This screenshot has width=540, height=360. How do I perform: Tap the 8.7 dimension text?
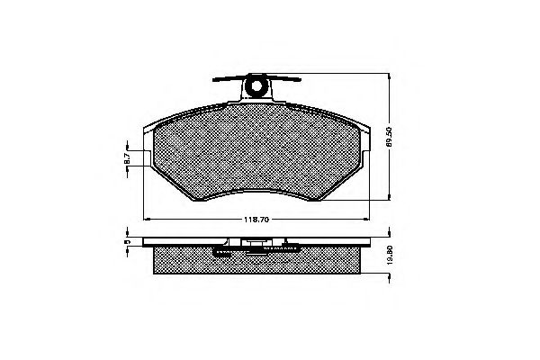tap(127, 158)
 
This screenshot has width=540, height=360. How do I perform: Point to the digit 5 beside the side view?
tap(127, 242)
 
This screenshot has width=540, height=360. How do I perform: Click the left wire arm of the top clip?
tap(228, 79)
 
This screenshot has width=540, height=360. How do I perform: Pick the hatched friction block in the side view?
tap(258, 260)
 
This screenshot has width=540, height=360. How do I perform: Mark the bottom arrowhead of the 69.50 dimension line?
tap(387, 200)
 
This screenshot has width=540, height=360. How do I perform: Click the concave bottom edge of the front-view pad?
tap(258, 193)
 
